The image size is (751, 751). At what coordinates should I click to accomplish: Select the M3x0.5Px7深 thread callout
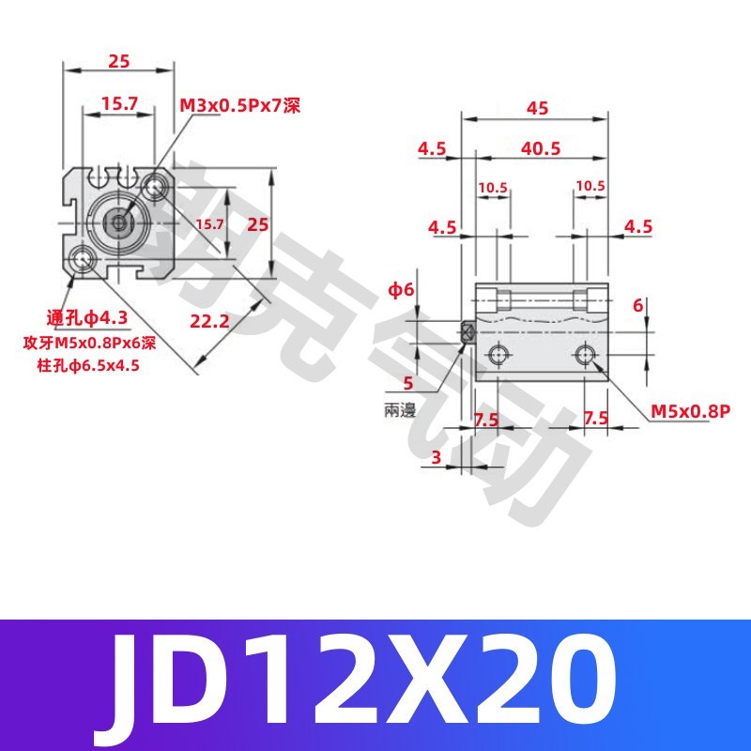coord(239,105)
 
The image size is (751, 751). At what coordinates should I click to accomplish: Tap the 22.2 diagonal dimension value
coord(209,321)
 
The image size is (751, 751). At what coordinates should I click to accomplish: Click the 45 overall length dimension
coord(537,108)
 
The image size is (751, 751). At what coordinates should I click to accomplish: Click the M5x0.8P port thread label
coord(691,410)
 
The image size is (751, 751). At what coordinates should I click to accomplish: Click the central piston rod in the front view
coord(118,222)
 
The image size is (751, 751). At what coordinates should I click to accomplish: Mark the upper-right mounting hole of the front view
coord(154,188)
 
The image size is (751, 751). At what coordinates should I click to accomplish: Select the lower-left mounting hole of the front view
coord(84,260)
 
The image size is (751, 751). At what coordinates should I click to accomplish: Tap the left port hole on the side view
coord(498,354)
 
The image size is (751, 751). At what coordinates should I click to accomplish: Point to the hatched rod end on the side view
coord(468,331)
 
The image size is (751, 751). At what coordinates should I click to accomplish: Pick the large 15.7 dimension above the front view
coord(119,104)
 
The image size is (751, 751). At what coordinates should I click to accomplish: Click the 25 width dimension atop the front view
coord(119,61)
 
